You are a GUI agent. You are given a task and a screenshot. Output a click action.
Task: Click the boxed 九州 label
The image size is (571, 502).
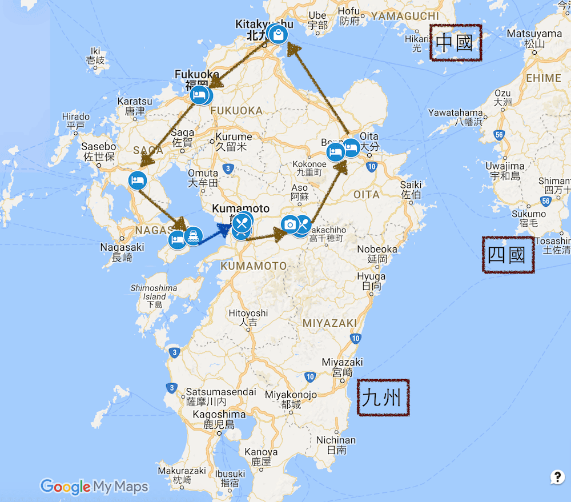point(384,397)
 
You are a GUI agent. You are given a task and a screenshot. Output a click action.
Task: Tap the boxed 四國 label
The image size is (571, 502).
point(508,255)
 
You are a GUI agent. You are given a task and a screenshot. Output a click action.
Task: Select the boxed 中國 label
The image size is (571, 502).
point(455,42)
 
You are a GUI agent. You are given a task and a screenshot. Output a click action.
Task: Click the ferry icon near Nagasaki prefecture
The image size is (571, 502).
point(194,236)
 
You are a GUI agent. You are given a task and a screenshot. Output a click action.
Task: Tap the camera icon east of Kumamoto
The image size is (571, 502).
point(289,224)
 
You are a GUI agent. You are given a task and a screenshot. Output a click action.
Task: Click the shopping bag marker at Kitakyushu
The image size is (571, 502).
point(278,35)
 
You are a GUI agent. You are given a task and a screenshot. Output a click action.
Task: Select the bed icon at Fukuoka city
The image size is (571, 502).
point(199,95)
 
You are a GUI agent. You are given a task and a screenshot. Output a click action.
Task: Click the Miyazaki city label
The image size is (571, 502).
point(342,367)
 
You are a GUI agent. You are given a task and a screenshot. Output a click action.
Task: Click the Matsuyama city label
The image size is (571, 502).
point(534,38)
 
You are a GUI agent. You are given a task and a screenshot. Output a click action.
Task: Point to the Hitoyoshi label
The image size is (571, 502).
point(248,318)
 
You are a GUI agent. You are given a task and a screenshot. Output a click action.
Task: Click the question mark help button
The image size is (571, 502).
point(557,477)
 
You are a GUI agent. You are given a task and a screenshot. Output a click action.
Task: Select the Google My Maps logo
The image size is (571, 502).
point(94,487)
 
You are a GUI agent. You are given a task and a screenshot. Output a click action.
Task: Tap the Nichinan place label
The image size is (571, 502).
point(336,445)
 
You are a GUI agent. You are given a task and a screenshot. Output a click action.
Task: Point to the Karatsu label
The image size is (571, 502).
point(135,106)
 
